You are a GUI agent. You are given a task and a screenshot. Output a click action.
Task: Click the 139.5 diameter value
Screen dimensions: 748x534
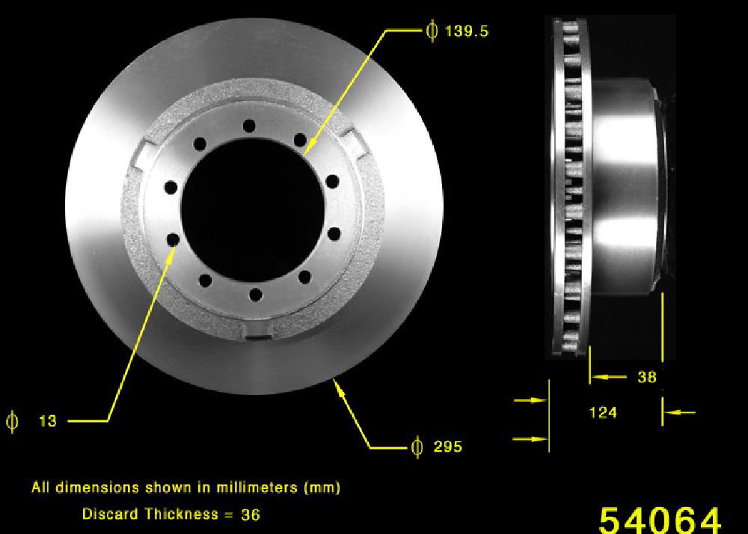coord(467,31)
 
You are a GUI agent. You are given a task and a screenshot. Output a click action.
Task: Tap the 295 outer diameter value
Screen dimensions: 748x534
coord(447,446)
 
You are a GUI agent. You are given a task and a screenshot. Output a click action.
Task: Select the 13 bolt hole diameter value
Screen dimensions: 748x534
coord(48,421)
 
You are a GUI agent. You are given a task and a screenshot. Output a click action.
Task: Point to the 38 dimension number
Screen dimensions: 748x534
coord(647,377)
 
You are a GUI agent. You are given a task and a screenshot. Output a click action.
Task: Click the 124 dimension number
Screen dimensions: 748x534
coord(603,412)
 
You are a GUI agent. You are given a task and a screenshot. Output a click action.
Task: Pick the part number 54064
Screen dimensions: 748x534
coord(660,521)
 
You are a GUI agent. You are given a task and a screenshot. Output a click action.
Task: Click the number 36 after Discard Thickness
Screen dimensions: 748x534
coord(251,515)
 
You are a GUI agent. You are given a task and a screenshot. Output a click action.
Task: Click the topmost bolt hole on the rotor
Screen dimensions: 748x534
coord(249,126)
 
